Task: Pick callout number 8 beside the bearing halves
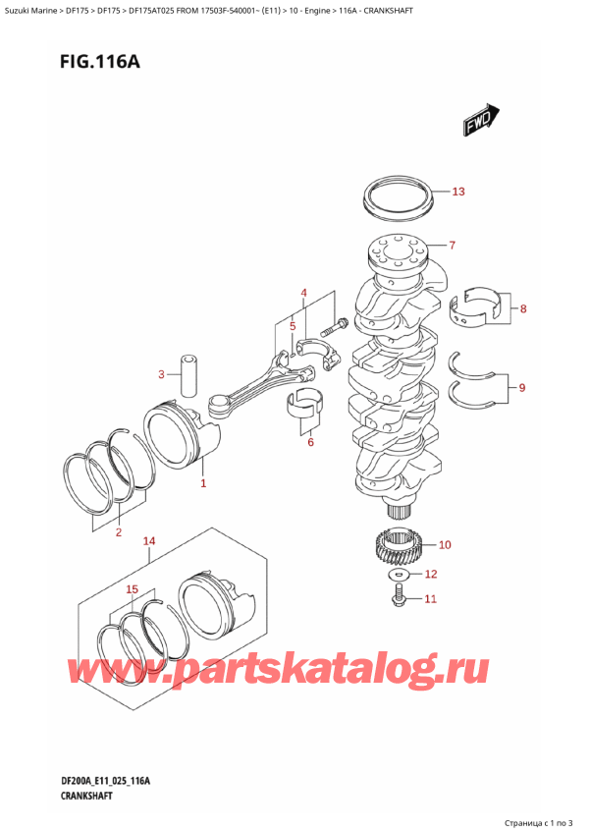[522, 309]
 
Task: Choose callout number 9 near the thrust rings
[521, 388]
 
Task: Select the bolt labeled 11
[401, 594]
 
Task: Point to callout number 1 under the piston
[203, 483]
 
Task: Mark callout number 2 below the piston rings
[118, 532]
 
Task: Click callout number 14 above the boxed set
[149, 541]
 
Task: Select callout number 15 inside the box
[133, 589]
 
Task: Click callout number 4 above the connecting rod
[304, 293]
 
